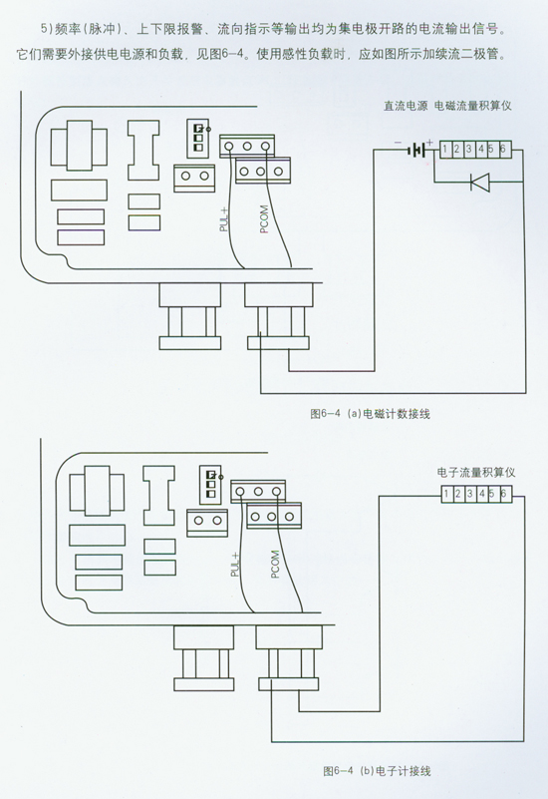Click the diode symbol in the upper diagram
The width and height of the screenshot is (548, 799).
[x=479, y=182]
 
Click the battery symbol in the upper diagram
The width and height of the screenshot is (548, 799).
[x=417, y=150]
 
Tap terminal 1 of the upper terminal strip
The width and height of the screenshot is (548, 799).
[x=445, y=150]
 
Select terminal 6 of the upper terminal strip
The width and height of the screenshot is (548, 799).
[x=504, y=150]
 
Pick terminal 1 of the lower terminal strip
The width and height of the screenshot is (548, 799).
[x=446, y=494]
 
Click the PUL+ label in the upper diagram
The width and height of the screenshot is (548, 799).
[x=224, y=219]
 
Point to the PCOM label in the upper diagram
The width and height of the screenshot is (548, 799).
[x=264, y=219]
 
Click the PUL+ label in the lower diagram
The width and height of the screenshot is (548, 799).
[x=235, y=565]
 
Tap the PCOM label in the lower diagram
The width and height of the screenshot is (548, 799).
[x=275, y=565]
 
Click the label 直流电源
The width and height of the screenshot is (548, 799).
[x=406, y=106]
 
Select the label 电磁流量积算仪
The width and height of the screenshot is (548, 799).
[x=473, y=106]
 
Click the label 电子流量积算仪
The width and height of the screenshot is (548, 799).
[x=476, y=473]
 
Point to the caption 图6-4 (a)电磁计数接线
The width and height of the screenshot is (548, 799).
[x=370, y=414]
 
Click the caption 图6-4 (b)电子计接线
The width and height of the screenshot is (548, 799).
[x=377, y=771]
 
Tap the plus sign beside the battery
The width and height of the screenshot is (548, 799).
[x=430, y=143]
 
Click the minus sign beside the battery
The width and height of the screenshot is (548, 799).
[x=399, y=143]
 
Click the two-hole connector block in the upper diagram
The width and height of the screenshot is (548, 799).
[x=195, y=177]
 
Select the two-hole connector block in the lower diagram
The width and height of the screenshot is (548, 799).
[x=207, y=522]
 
